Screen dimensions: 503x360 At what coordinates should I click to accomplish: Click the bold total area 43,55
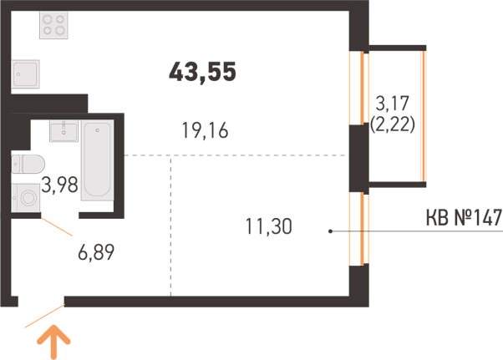(202, 72)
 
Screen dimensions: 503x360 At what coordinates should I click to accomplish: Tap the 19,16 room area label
(205, 130)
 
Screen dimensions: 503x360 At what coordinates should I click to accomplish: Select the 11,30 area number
(269, 226)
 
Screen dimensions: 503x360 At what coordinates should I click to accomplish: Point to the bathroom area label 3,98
(59, 185)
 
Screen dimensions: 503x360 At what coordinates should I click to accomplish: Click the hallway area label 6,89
(96, 252)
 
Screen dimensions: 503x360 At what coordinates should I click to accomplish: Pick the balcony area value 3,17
(393, 104)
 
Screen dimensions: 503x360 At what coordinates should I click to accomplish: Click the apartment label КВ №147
(464, 217)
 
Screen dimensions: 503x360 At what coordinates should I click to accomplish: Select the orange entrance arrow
(53, 342)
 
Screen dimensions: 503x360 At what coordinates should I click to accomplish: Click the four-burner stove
(53, 25)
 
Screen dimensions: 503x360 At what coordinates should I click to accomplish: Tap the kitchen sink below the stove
(26, 74)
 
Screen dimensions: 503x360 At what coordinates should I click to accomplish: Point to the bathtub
(97, 160)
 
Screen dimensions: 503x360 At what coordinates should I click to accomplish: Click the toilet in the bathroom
(28, 165)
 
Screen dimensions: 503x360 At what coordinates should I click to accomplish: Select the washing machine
(26, 197)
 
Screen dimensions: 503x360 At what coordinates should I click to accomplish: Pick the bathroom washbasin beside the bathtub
(64, 131)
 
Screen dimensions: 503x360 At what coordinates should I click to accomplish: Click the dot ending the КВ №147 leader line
(330, 231)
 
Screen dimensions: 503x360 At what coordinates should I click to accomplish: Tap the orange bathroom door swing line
(57, 227)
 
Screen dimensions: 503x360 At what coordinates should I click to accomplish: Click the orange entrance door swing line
(45, 316)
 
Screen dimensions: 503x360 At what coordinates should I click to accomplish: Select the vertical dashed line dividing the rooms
(170, 226)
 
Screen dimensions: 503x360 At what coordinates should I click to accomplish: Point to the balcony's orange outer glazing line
(423, 116)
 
